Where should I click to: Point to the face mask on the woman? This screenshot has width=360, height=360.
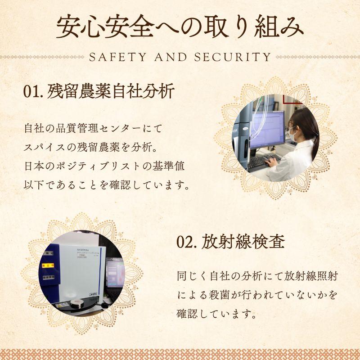[293, 133]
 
